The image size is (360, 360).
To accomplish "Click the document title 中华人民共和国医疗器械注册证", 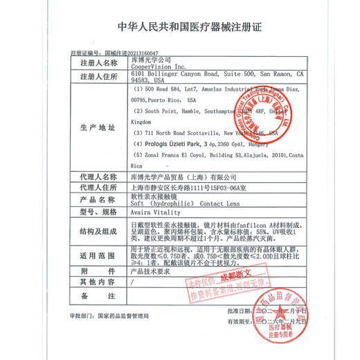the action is click(x=180, y=28).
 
